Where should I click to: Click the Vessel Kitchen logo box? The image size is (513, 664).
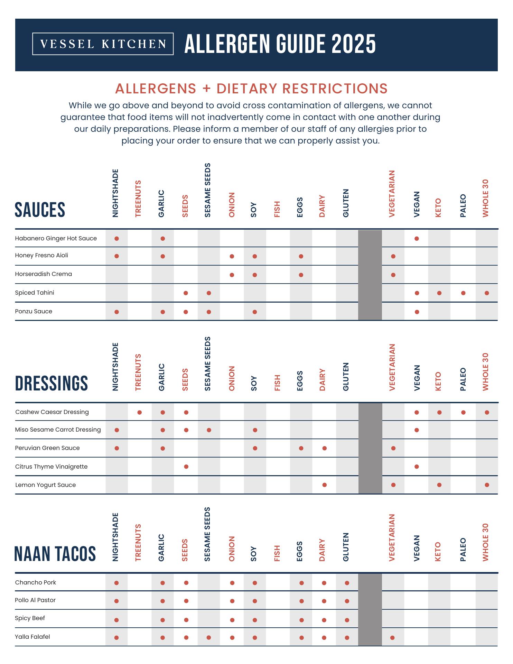tap(103, 44)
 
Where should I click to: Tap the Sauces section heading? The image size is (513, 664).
tap(40, 210)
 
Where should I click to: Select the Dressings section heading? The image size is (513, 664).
tap(52, 384)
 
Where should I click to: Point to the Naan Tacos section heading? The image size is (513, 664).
tap(55, 554)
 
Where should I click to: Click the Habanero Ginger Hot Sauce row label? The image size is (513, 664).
tap(56, 238)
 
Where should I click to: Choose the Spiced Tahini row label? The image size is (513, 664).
tap(35, 293)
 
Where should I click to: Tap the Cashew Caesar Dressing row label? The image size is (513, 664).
tap(52, 412)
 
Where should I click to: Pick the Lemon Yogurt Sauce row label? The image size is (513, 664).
tap(46, 485)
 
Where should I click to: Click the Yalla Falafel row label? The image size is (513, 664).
tap(32, 637)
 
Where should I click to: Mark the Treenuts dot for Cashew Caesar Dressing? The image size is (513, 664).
tap(140, 412)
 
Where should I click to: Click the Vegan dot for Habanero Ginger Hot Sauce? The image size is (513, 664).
tap(417, 239)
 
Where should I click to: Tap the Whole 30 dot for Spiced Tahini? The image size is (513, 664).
tap(487, 293)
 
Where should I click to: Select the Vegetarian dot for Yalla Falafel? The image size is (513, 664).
tap(392, 637)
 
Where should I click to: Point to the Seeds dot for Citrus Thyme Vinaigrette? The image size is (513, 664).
tap(186, 467)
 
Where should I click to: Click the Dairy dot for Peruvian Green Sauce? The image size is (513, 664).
tap(324, 448)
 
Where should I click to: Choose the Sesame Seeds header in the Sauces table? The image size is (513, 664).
tap(207, 190)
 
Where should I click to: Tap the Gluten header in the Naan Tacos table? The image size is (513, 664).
tap(346, 547)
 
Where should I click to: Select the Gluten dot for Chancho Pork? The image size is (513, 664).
tap(347, 583)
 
